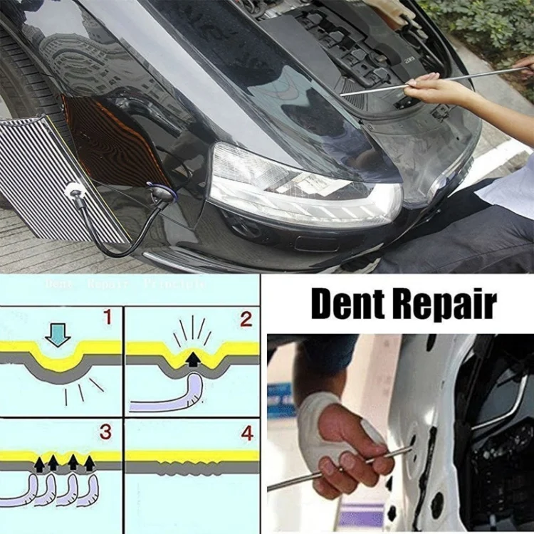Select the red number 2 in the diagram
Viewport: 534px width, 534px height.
[246, 318]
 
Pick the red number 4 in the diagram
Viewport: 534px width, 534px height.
[246, 431]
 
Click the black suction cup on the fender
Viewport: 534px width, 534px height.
[159, 193]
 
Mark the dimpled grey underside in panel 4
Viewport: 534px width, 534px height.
[189, 471]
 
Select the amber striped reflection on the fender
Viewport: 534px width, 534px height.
[117, 142]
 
